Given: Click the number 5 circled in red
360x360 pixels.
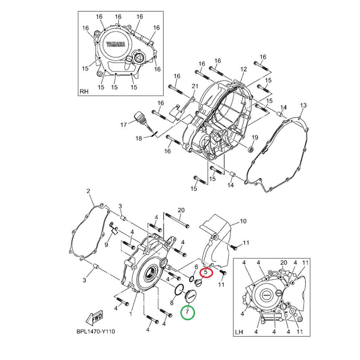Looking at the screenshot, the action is (x=206, y=272).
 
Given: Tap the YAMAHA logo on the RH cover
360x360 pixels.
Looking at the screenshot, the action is (x=116, y=44).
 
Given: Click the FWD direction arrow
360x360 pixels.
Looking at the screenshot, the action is (x=94, y=318).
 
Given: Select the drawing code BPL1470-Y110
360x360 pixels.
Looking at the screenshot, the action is (x=96, y=332).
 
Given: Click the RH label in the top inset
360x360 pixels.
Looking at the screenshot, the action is (x=84, y=92).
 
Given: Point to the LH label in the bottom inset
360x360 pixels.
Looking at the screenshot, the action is (x=239, y=332).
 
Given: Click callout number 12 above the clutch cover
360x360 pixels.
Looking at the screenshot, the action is (x=243, y=69).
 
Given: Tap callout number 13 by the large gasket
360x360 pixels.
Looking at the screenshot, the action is (x=303, y=105).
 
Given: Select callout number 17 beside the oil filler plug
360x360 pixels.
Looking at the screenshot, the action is (x=123, y=125).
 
